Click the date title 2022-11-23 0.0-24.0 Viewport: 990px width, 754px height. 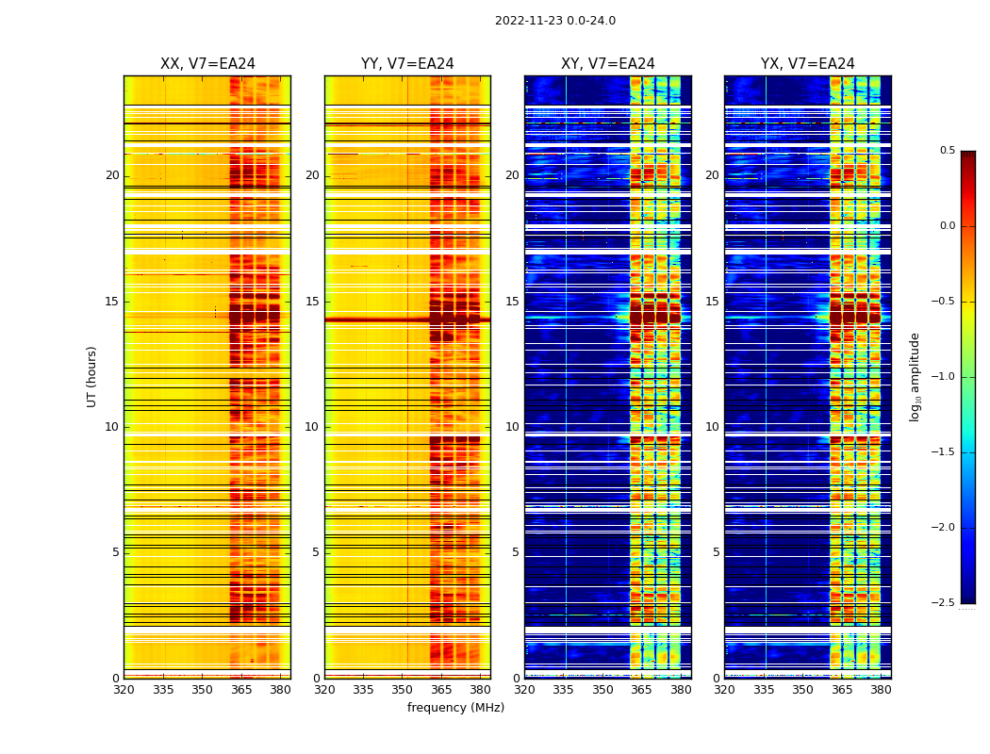coord(554,21)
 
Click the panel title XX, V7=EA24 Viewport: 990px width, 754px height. coord(207,64)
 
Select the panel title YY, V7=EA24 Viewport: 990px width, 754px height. coord(407,64)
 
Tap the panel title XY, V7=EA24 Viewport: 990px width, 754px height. coord(607,64)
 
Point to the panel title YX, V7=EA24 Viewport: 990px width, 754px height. coord(807,64)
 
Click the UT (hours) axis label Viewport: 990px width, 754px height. coord(92,376)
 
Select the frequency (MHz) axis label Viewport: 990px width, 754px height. coord(455,708)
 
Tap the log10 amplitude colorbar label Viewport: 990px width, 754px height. coord(915,376)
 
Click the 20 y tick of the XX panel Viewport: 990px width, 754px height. coord(112,175)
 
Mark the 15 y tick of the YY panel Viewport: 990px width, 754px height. coord(313,302)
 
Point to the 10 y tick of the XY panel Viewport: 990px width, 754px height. coord(512,427)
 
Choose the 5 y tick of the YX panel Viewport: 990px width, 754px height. coord(716,552)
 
